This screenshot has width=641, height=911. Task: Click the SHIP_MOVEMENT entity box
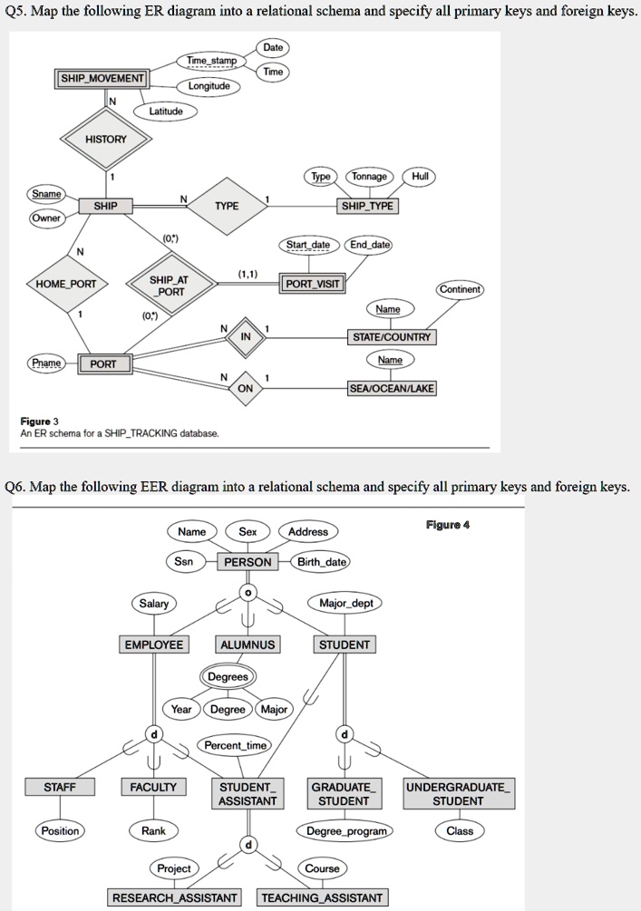pos(102,79)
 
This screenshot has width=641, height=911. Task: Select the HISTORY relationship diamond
pos(106,139)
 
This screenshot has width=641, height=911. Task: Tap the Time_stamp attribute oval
pos(211,61)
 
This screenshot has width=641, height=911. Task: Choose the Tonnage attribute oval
pos(369,177)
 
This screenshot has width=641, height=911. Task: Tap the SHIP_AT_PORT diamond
pos(170,285)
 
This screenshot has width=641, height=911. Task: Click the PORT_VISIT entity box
pos(313,284)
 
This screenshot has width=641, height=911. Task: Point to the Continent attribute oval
pos(461,290)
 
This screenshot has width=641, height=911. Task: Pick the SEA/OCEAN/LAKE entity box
pos(393,388)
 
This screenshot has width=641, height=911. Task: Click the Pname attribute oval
pos(46,363)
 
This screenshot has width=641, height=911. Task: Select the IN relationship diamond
pos(245,336)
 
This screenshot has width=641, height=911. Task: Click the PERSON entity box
pos(248,562)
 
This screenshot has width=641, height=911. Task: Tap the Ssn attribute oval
pos(184,562)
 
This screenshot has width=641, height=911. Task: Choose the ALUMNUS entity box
pos(248,644)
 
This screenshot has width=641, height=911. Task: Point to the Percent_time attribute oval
pos(236,745)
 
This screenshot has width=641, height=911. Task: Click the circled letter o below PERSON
pos(248,592)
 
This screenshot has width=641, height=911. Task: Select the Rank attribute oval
pos(153,830)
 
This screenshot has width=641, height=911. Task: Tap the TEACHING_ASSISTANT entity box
pos(323,897)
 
